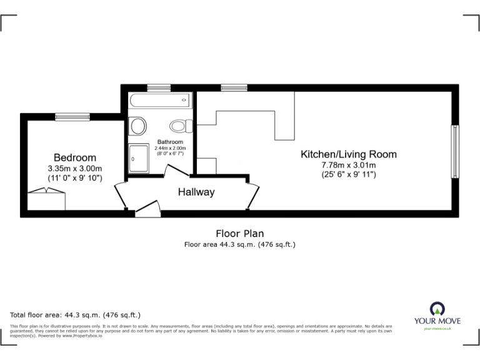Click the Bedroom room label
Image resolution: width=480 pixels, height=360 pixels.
[74, 157]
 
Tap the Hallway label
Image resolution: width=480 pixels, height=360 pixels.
[196, 192]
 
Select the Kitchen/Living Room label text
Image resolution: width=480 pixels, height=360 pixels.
[348, 154]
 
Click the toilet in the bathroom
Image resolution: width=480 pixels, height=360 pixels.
[182, 126]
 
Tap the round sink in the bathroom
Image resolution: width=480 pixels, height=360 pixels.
[137, 126]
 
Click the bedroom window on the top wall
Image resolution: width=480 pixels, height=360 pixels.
[72, 116]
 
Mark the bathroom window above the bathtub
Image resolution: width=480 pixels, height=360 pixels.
[159, 88]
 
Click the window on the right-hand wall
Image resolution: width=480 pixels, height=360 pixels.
[455, 151]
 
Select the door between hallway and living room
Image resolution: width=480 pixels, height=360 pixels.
[252, 196]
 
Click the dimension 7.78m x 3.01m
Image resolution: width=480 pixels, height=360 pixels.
[349, 165]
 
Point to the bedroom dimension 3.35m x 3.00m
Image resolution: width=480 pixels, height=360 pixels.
[74, 168]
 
